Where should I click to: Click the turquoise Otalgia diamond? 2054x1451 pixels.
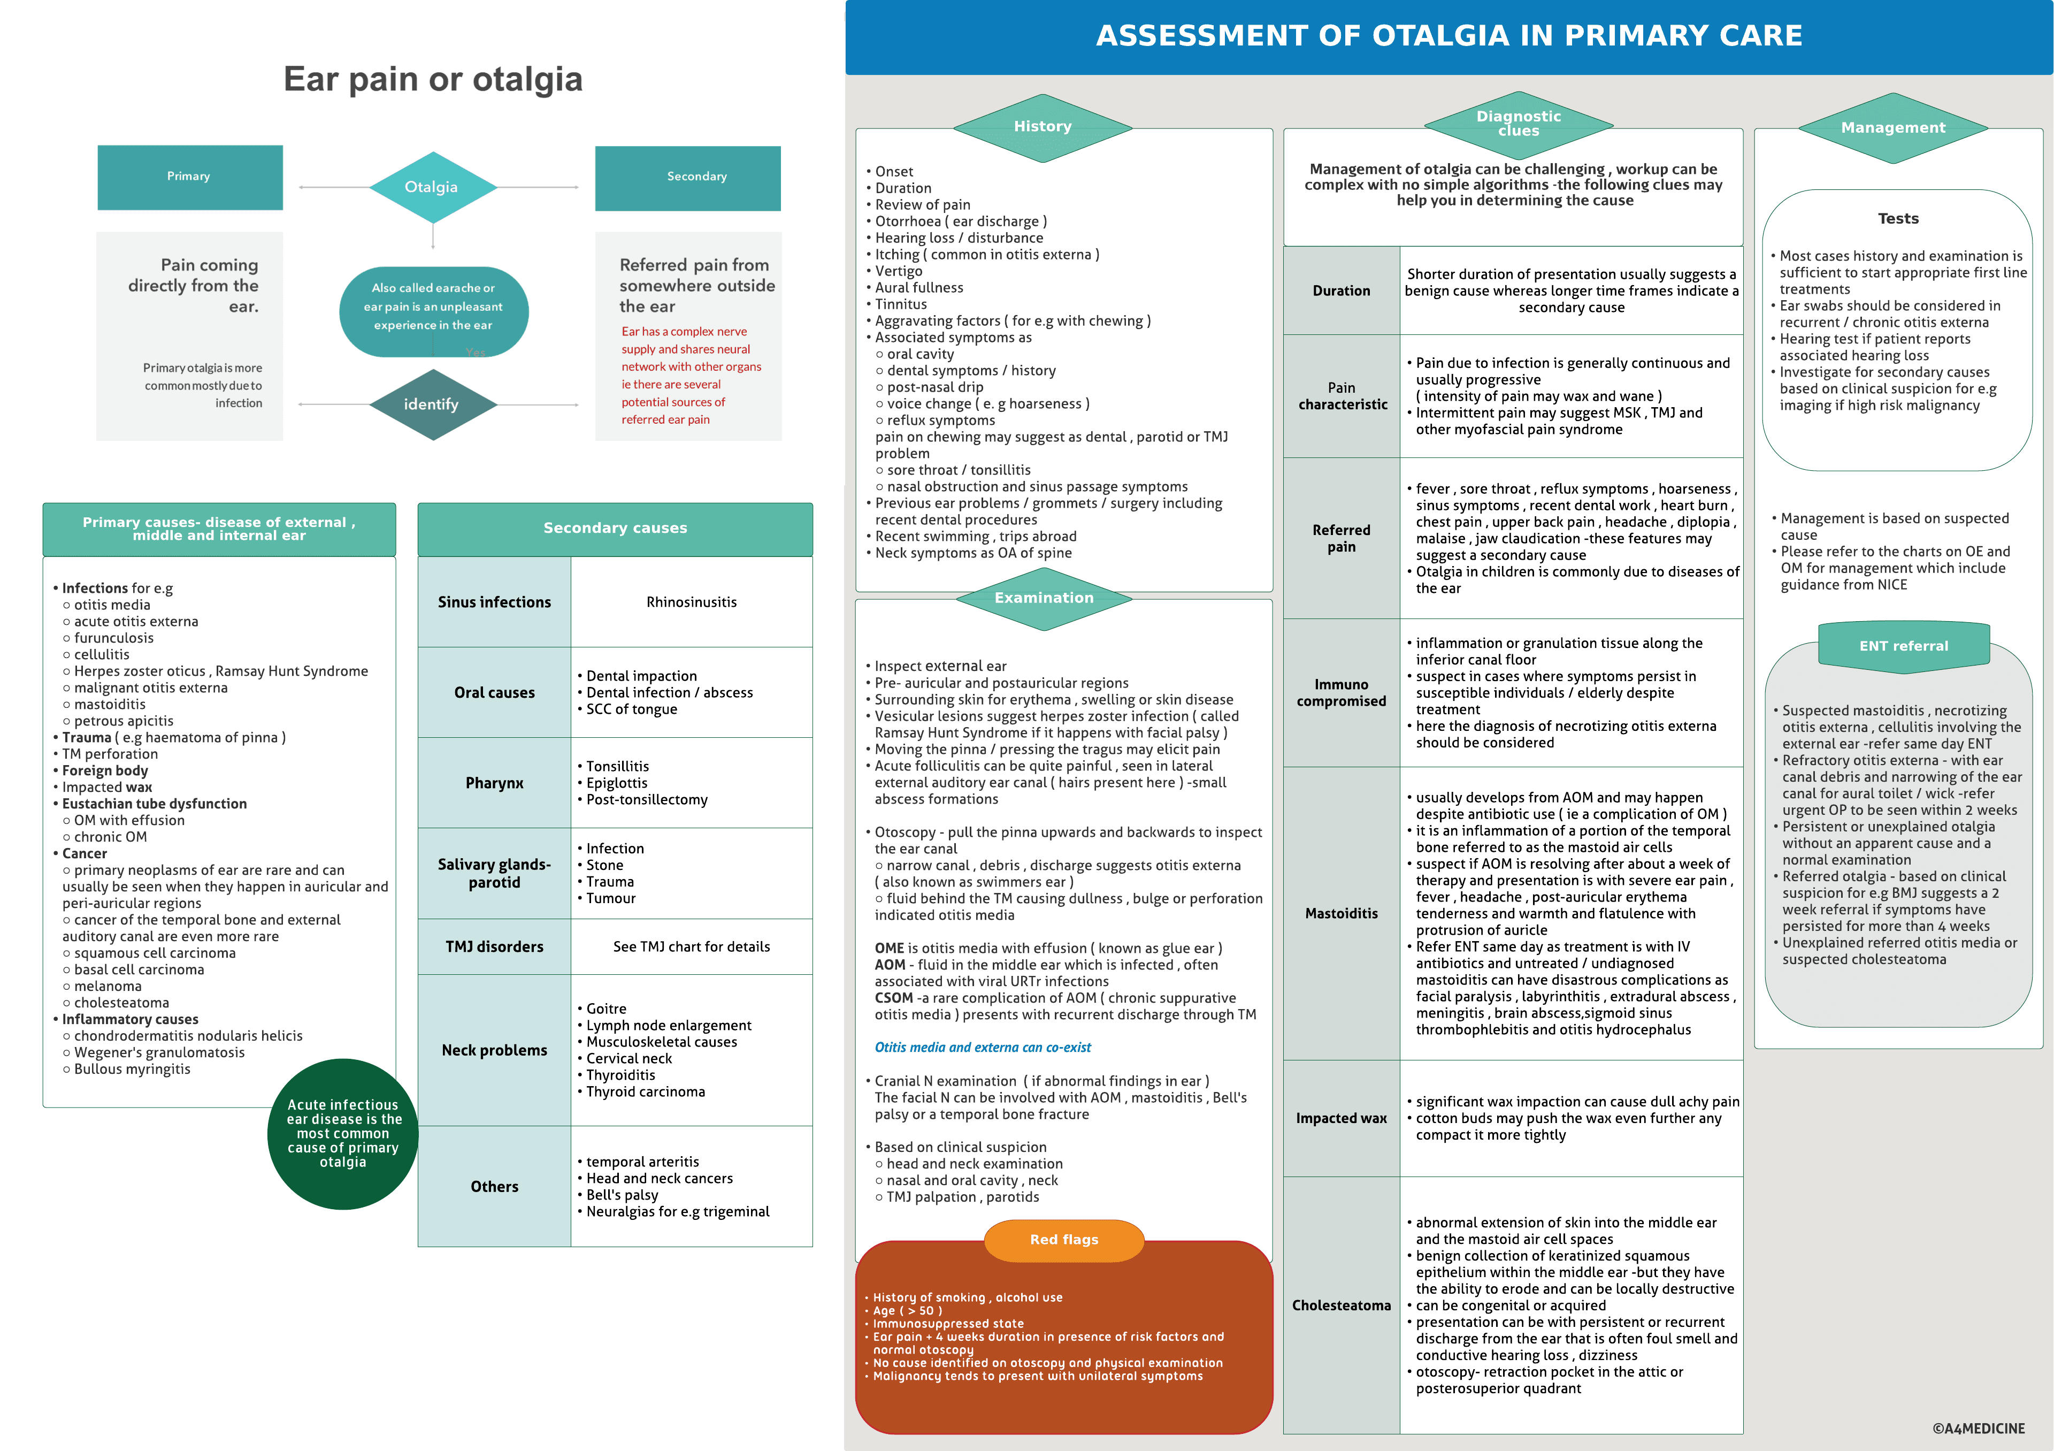click(432, 187)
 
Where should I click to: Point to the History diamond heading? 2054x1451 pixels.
click(1042, 127)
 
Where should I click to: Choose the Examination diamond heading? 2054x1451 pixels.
click(1044, 598)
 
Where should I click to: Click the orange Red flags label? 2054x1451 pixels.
click(1064, 1240)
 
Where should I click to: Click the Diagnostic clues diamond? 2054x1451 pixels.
click(1518, 124)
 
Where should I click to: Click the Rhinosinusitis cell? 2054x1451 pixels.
click(692, 602)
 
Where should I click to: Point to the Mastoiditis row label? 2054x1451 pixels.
click(1341, 913)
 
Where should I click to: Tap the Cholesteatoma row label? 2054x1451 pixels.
click(1341, 1305)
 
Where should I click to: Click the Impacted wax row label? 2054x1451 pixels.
click(1341, 1118)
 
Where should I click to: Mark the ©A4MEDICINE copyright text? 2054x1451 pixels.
click(1978, 1429)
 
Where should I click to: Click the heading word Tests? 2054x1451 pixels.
click(1897, 218)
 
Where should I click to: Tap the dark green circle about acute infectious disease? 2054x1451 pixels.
click(343, 1133)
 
